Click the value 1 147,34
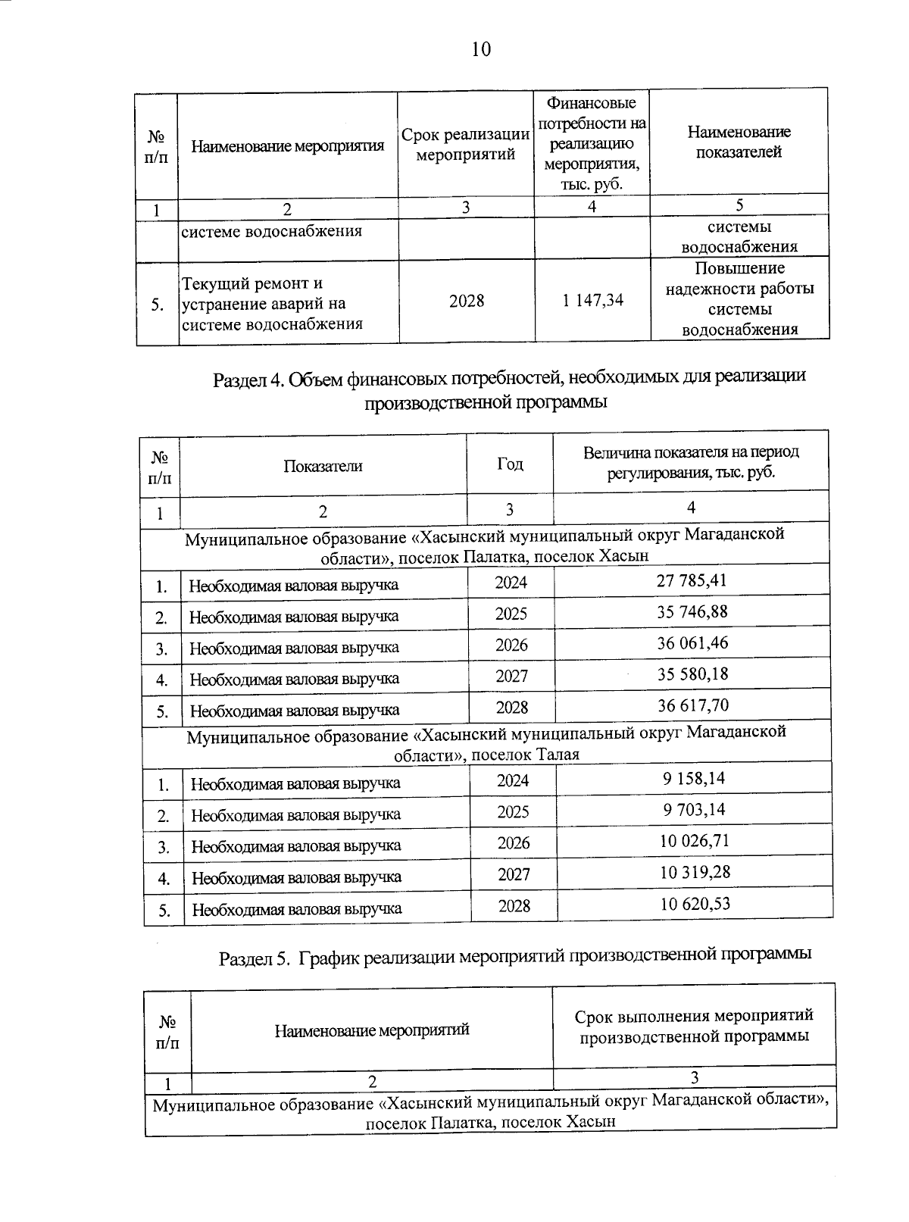coord(592,301)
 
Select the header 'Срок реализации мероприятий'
coord(466,145)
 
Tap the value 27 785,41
coord(692,581)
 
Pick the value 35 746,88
coord(692,612)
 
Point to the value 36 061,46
coord(692,643)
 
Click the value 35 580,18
coord(692,674)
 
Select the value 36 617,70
coord(693,705)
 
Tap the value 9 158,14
coord(694,779)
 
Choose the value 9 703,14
coord(694,810)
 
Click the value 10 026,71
coord(695,841)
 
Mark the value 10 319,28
coord(695,872)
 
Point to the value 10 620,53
coord(695,903)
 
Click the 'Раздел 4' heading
coord(509,389)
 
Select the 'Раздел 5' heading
coord(515,956)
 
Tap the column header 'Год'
coord(510,464)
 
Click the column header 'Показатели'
coord(323,466)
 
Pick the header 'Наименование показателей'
coord(739,142)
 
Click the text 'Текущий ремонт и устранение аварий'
coord(271,303)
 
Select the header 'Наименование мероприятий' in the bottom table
coord(371,1030)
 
